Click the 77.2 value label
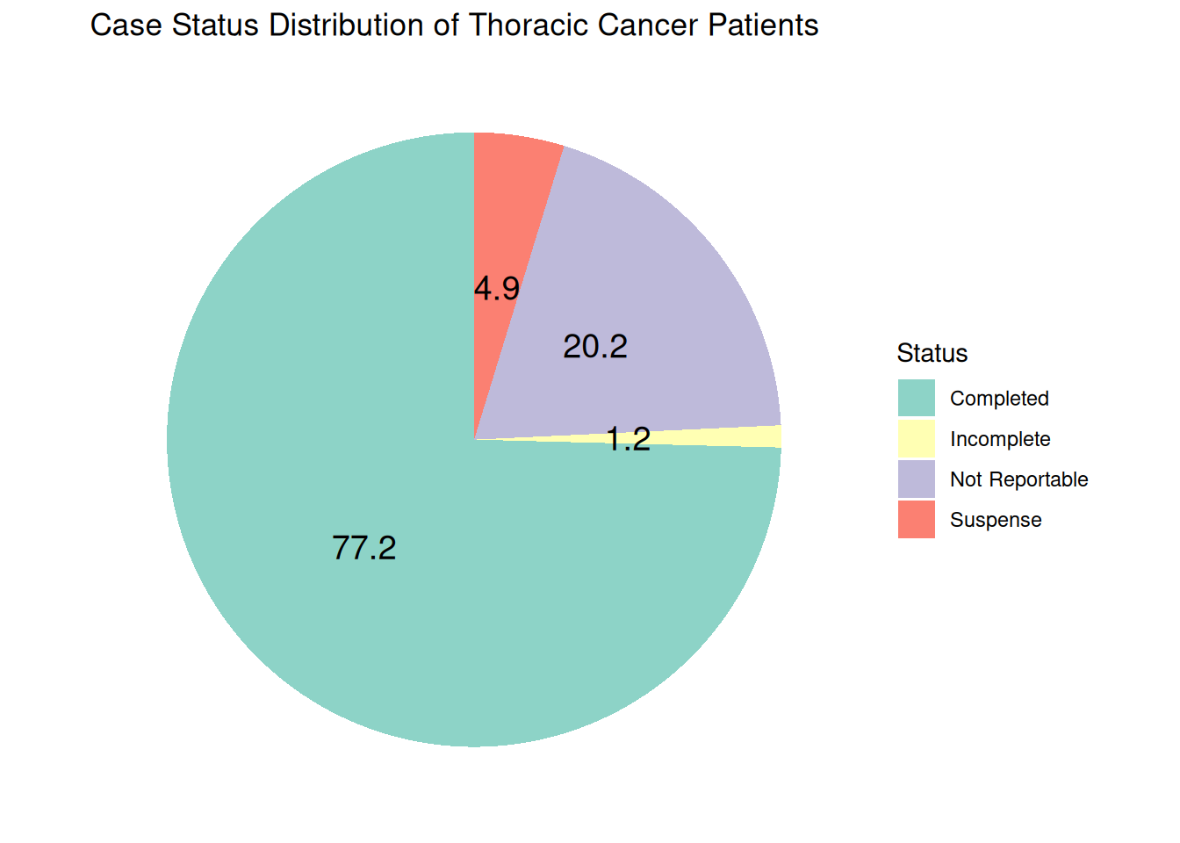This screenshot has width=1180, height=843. (364, 548)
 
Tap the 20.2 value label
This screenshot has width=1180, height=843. (595, 347)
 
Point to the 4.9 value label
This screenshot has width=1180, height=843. (497, 288)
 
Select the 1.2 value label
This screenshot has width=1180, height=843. (629, 439)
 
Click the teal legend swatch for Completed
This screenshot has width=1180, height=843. (916, 398)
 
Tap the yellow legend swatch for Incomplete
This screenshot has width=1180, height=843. (916, 438)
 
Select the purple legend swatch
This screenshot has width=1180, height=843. (916, 479)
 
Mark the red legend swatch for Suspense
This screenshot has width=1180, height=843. (916, 519)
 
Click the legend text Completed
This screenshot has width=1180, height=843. (999, 399)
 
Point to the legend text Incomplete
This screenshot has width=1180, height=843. (1000, 439)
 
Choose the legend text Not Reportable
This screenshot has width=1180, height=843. (1018, 479)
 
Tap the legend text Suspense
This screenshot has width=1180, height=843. (996, 520)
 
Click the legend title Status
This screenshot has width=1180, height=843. (932, 353)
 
